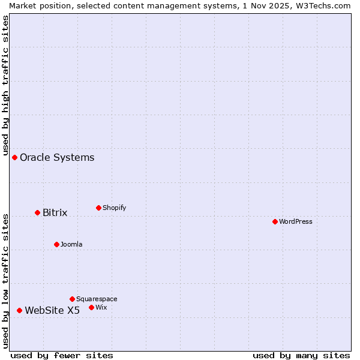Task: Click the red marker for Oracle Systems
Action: click(14, 157)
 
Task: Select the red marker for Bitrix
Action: click(37, 212)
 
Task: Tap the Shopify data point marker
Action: click(98, 208)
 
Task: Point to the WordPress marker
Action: click(275, 221)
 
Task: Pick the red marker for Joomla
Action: click(56, 244)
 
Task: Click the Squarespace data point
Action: click(72, 299)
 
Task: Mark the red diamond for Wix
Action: click(91, 307)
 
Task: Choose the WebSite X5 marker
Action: click(19, 310)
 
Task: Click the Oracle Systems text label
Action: click(57, 158)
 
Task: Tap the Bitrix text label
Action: click(55, 213)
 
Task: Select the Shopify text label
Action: click(114, 208)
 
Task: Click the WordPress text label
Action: click(296, 222)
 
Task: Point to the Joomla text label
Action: click(71, 245)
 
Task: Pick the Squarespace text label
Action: click(97, 299)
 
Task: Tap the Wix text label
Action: click(101, 308)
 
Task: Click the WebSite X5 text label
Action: click(52, 311)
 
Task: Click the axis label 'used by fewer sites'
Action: click(62, 356)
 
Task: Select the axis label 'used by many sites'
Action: click(301, 356)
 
